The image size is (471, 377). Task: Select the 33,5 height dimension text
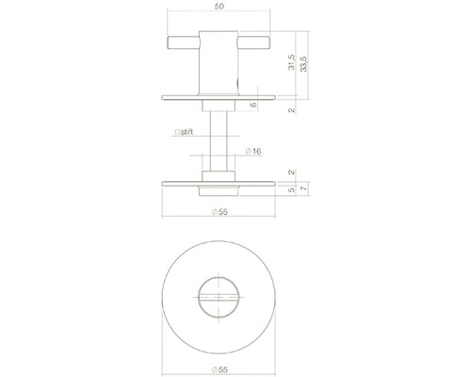click(303, 68)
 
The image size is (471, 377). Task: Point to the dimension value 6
click(254, 106)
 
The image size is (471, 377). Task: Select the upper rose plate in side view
click(219, 94)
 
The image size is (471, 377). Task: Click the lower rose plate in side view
click(219, 181)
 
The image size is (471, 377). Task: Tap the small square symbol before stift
click(176, 133)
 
